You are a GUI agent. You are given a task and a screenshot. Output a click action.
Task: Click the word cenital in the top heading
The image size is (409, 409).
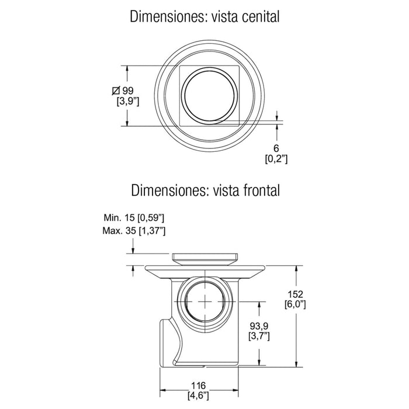coord(261,17)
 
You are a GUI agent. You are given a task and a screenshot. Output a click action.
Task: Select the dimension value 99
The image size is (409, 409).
coord(128,91)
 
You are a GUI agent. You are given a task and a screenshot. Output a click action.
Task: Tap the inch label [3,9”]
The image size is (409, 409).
coord(128,101)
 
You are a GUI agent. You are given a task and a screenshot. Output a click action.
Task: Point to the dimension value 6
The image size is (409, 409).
coord(276,148)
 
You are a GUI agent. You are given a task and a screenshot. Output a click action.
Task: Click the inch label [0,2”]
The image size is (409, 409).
coord(276,158)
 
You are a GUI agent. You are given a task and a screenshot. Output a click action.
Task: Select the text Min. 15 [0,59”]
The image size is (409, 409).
coord(134,217)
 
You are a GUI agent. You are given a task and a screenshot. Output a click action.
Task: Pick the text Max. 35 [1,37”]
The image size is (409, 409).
coord(134,231)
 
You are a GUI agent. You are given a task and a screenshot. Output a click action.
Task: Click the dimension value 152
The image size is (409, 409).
coord(295,294)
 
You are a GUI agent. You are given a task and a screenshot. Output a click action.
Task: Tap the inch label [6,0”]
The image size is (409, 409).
coord(295,304)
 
